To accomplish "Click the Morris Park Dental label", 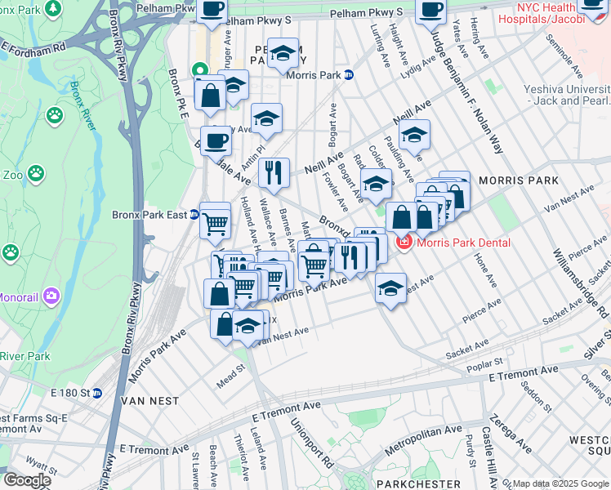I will click(x=463, y=243).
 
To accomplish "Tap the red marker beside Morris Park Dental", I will click(x=403, y=243).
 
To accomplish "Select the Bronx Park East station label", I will click(x=149, y=216).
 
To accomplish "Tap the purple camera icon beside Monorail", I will click(x=51, y=295).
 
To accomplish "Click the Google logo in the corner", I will click(x=27, y=480).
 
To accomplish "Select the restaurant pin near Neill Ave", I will click(x=274, y=172).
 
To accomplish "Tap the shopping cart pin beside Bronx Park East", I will click(x=215, y=220).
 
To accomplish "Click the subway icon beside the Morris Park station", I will click(x=349, y=75).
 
